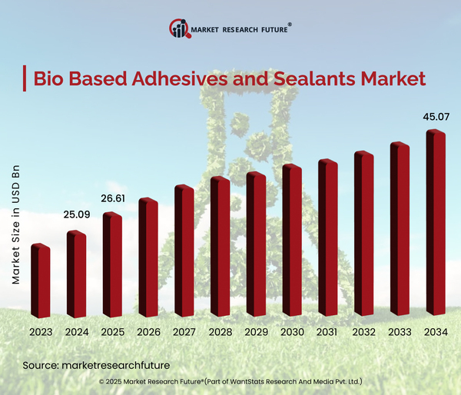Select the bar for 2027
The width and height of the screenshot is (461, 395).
pyautogui.click(x=184, y=251)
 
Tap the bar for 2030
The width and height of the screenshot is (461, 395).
pyautogui.click(x=292, y=241)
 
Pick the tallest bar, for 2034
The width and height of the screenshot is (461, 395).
pyautogui.click(x=436, y=224)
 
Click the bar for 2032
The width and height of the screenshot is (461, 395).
pyautogui.click(x=363, y=234)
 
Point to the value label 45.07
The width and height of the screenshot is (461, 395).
pyautogui.click(x=435, y=118)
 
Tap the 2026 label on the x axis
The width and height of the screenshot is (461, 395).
pyautogui.click(x=148, y=332)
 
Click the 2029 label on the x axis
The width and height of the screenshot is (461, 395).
pyautogui.click(x=256, y=332)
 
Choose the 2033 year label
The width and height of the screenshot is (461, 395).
pyautogui.click(x=400, y=332)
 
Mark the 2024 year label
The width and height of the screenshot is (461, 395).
pyautogui.click(x=76, y=332)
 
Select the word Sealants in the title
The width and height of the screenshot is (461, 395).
pyautogui.click(x=324, y=79)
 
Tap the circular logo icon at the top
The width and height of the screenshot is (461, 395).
pyautogui.click(x=178, y=29)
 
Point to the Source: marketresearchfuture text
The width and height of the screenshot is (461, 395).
pyautogui.click(x=95, y=364)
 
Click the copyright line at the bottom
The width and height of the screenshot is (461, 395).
pyautogui.click(x=230, y=381)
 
